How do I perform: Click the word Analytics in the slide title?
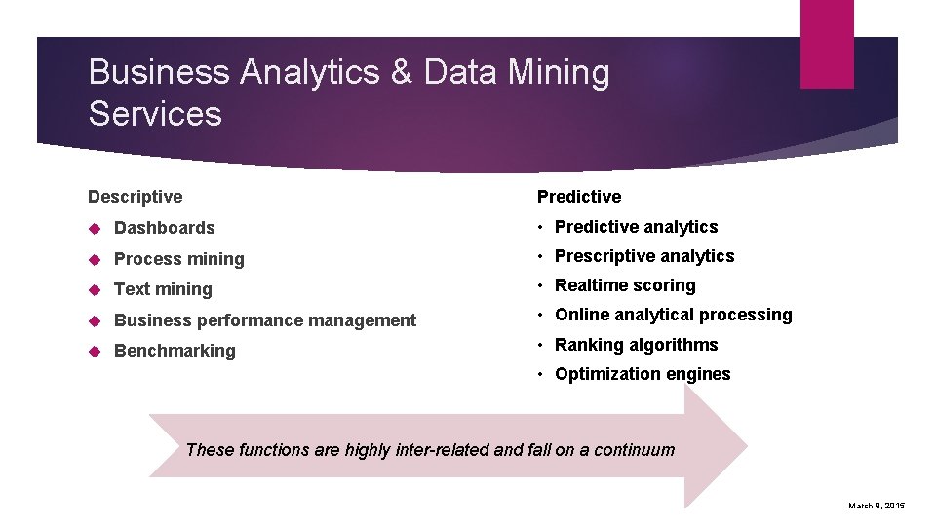pyautogui.click(x=312, y=73)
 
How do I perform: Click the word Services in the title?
pyautogui.click(x=155, y=114)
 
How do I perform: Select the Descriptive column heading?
pyautogui.click(x=135, y=197)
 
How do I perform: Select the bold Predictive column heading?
pyautogui.click(x=579, y=197)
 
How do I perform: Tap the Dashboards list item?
pyautogui.click(x=164, y=228)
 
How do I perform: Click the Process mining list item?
pyautogui.click(x=178, y=259)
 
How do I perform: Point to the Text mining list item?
pyautogui.click(x=163, y=289)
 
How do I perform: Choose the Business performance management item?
pyautogui.click(x=265, y=320)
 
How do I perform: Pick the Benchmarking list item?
pyautogui.click(x=175, y=351)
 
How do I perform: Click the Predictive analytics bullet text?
pyautogui.click(x=636, y=227)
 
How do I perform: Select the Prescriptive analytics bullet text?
pyautogui.click(x=644, y=256)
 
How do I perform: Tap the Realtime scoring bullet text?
pyautogui.click(x=625, y=285)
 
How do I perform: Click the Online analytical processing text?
pyautogui.click(x=673, y=315)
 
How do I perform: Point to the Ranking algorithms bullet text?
pyautogui.click(x=636, y=345)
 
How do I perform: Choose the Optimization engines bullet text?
pyautogui.click(x=643, y=374)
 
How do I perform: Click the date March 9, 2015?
pyautogui.click(x=877, y=506)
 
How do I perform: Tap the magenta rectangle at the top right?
pyautogui.click(x=827, y=44)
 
